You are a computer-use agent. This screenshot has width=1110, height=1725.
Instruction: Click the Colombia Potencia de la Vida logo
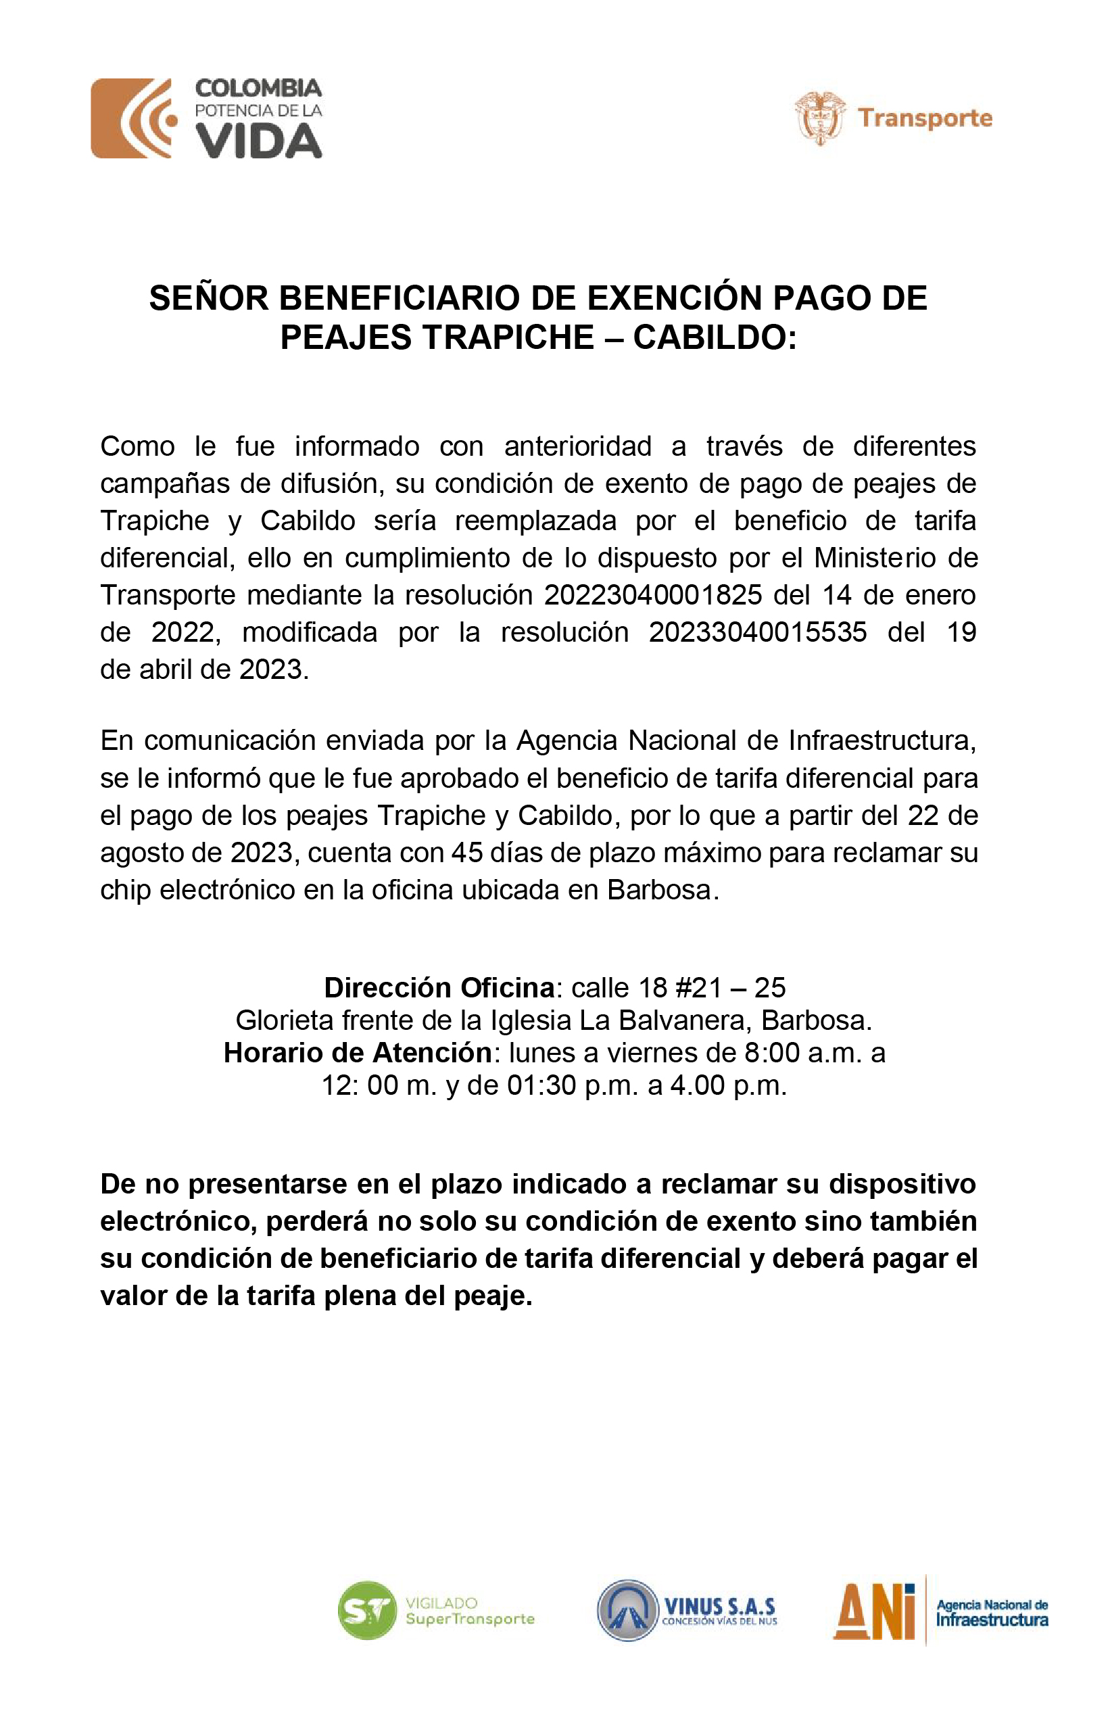click(206, 118)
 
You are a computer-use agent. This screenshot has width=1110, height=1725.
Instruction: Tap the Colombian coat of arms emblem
click(819, 118)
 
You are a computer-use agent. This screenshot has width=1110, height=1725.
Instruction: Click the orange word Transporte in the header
click(925, 118)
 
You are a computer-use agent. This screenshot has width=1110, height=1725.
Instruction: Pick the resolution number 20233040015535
click(758, 632)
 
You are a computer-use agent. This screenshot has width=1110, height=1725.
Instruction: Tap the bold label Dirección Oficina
click(439, 987)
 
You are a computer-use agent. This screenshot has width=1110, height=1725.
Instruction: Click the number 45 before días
click(467, 853)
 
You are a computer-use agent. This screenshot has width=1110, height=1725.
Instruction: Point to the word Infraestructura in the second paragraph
click(882, 740)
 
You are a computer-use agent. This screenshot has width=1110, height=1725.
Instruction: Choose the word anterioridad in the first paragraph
click(578, 446)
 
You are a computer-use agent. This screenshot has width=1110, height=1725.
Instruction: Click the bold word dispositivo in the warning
click(902, 1183)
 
